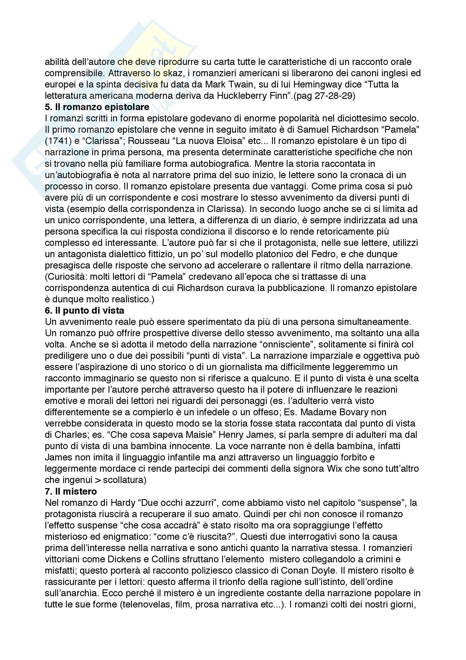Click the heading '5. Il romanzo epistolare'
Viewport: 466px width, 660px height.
(97, 107)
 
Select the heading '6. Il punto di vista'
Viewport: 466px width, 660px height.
(84, 311)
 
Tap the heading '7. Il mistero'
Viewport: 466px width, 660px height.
(71, 491)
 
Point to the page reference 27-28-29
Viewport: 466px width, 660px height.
(333, 96)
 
